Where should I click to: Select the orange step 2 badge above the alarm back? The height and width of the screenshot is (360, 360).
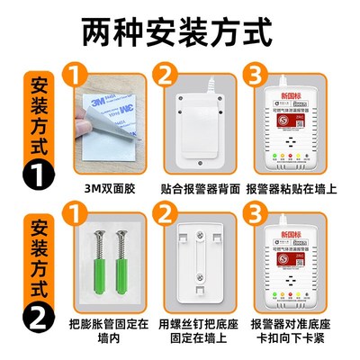tap(167, 74)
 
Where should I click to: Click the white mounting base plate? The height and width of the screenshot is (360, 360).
tap(202, 270)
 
